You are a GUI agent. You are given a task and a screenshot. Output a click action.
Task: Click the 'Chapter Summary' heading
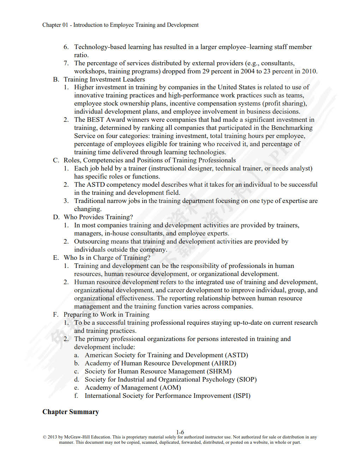[x=71, y=412]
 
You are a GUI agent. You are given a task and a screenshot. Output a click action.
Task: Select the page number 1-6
[x=180, y=432]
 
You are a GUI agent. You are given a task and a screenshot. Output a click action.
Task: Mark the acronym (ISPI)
[x=242, y=396]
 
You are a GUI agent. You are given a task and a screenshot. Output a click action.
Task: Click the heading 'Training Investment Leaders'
[x=104, y=79]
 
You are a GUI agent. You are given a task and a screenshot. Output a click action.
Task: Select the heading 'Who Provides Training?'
[x=98, y=217]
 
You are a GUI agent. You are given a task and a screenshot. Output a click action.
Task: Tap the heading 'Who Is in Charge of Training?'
[x=107, y=258]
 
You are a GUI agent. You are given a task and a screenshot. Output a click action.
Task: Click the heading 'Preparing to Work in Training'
[x=106, y=315]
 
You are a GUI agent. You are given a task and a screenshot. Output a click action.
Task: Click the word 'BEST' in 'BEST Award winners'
[x=95, y=120]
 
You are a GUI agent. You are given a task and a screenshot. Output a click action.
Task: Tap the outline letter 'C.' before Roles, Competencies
[x=56, y=160]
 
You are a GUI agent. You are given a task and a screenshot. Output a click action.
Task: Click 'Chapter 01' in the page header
[x=55, y=25]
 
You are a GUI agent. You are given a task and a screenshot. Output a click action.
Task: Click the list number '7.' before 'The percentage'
[x=66, y=63]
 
